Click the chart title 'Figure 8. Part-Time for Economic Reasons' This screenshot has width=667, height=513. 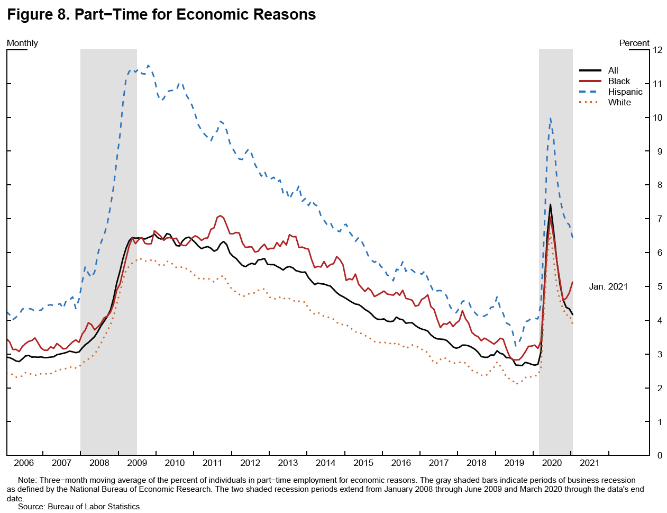pyautogui.click(x=161, y=14)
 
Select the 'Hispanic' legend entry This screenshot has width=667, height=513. pyautogui.click(x=625, y=92)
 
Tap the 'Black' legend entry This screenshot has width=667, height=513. pyautogui.click(x=619, y=81)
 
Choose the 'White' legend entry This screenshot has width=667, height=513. pyautogui.click(x=619, y=102)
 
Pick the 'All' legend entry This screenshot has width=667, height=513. pyautogui.click(x=613, y=70)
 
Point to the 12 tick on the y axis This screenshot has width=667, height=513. pyautogui.click(x=657, y=50)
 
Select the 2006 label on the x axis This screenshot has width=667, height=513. pyautogui.click(x=24, y=463)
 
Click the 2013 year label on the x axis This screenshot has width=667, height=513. pyautogui.click(x=288, y=463)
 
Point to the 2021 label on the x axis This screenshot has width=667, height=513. pyautogui.click(x=589, y=463)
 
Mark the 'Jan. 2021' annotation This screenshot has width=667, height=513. pyautogui.click(x=608, y=286)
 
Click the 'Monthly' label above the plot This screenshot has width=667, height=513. pyautogui.click(x=22, y=43)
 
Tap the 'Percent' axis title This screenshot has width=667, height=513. pyautogui.click(x=634, y=43)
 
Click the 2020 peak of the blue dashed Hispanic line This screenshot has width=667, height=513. pyautogui.click(x=551, y=118)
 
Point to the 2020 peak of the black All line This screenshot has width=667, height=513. pyautogui.click(x=550, y=204)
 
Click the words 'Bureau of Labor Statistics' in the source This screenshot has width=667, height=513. pyautogui.click(x=95, y=507)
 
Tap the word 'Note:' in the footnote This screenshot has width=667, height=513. pyautogui.click(x=28, y=480)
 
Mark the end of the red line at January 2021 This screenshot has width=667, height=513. pyautogui.click(x=573, y=282)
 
